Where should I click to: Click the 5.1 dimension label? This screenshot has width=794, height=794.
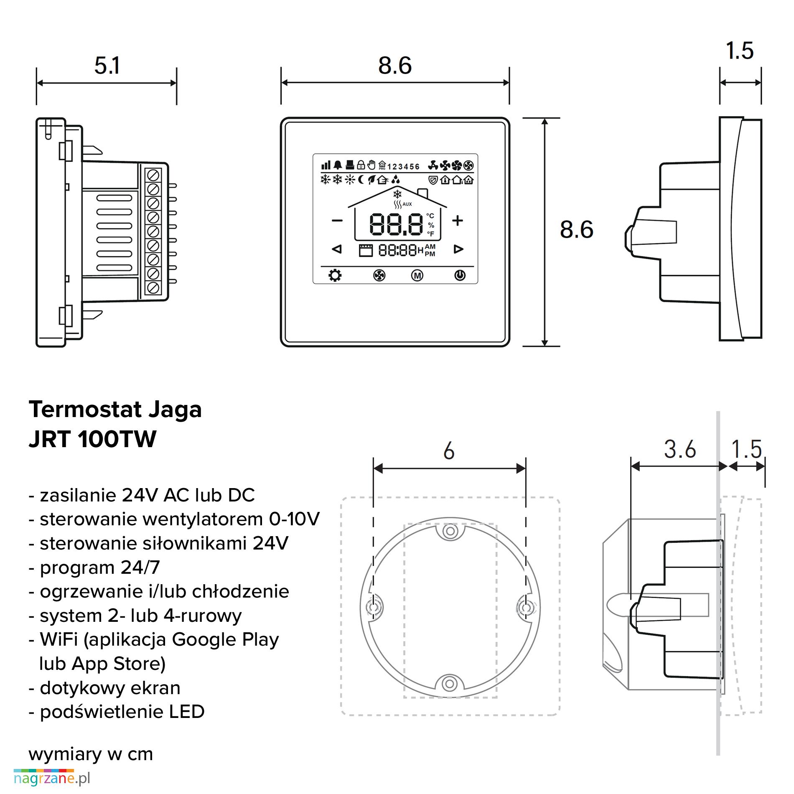click(x=107, y=66)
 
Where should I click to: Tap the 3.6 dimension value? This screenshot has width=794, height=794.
click(x=680, y=450)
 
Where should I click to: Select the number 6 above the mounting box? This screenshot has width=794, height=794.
click(x=449, y=451)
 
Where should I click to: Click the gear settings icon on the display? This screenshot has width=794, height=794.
click(x=335, y=275)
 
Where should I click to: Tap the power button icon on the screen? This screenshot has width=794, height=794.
click(x=460, y=275)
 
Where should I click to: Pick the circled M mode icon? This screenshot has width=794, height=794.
click(x=417, y=275)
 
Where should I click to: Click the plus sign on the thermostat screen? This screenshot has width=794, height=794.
click(x=458, y=221)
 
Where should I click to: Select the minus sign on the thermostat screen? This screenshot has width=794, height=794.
click(x=337, y=221)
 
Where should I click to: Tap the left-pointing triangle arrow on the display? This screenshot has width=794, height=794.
click(x=336, y=249)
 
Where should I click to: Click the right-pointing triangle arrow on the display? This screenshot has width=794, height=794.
click(x=458, y=249)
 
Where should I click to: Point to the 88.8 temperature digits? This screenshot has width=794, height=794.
click(x=396, y=224)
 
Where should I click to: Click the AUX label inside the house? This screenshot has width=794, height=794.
click(x=407, y=204)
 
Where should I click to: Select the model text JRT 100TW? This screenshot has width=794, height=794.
click(x=92, y=439)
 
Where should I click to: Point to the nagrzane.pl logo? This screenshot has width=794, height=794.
click(x=52, y=778)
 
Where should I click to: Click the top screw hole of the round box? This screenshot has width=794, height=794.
click(x=450, y=532)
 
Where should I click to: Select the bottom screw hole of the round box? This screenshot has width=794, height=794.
click(x=450, y=684)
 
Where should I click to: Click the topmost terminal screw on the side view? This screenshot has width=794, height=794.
click(x=153, y=175)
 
